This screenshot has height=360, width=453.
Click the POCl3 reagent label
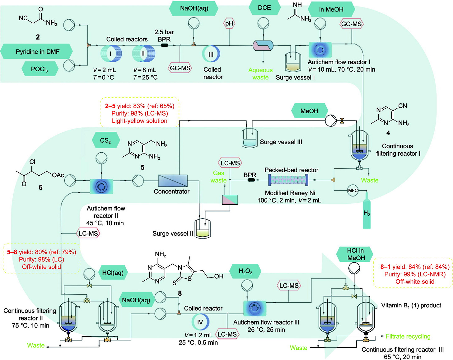point(40,69)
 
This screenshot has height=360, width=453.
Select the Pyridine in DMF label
point(37,51)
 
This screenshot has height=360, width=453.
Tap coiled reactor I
point(111,54)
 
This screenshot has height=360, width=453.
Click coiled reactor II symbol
point(143,54)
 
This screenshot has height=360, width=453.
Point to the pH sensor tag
point(229,23)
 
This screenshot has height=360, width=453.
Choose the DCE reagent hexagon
point(264,8)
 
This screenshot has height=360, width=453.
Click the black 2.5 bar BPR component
point(164,45)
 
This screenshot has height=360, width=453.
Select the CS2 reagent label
point(105,140)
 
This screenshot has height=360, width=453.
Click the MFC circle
point(353,190)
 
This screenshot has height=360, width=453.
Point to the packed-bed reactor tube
point(288,180)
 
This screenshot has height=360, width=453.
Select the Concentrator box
point(173,181)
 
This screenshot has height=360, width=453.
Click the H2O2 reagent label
point(245,271)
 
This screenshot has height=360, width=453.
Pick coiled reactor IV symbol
point(200,322)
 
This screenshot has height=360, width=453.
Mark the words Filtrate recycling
point(408,336)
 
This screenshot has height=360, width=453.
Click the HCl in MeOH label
point(355,254)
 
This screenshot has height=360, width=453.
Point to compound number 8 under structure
point(180,293)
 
